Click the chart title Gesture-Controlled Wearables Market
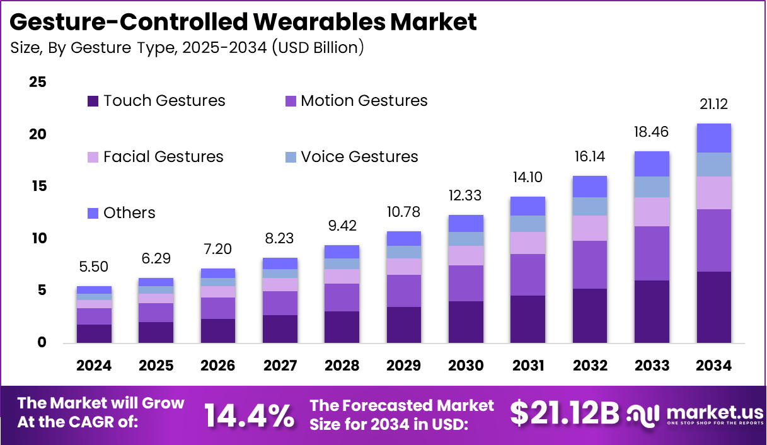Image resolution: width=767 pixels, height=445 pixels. coord(243,21)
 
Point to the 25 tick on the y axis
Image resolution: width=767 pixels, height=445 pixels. coord(38,83)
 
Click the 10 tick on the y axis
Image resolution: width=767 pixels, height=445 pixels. coord(38,239)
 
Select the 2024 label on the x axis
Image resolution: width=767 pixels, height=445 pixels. coord(94,366)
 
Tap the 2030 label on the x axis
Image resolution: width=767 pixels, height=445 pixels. coord(466,366)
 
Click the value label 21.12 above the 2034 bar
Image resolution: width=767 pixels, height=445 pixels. coord(713,105)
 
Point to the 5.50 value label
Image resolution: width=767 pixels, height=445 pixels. coord(94,267)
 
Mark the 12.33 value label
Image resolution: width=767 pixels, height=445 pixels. coord(466,196)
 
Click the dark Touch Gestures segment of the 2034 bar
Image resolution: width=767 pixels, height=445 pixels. coord(713,307)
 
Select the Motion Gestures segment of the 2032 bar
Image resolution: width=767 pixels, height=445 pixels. coord(589,265)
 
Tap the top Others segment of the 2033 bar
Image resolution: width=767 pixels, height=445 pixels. coord(652,164)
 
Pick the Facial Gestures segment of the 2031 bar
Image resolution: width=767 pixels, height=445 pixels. coord(528,243)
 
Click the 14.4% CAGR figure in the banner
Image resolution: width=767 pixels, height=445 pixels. coord(249,415)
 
